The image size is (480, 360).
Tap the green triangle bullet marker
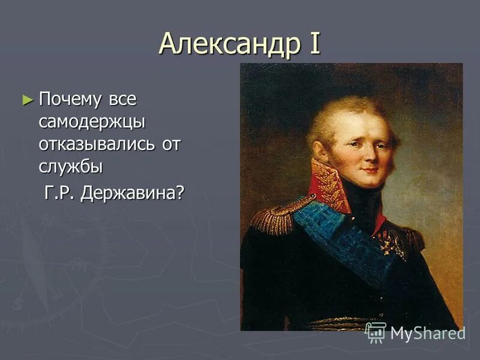pyautogui.click(x=26, y=100)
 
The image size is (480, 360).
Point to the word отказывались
pyautogui.click(x=95, y=145)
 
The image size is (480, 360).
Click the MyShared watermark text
pyautogui.click(x=427, y=334)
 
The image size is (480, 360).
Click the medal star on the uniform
pyautogui.click(x=391, y=243)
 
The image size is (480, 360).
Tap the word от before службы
pyautogui.click(x=170, y=145)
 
